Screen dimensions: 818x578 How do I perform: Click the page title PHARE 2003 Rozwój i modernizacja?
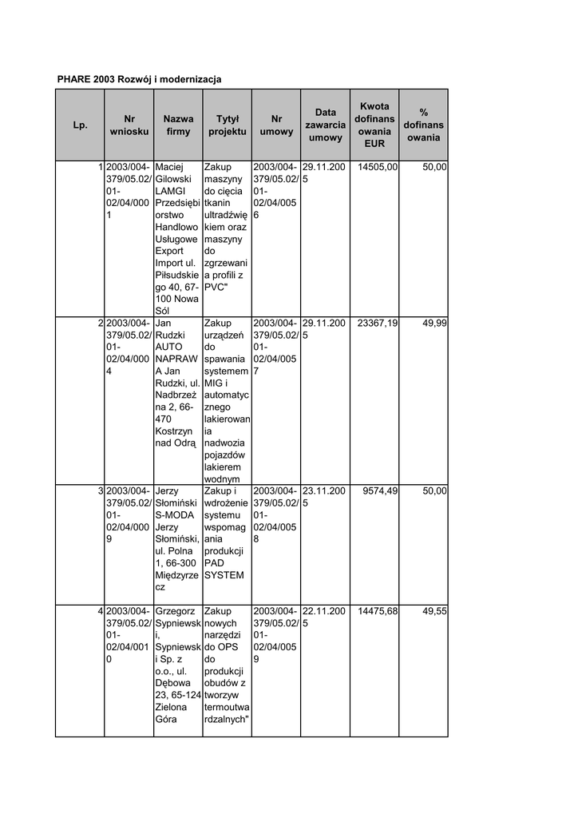click(x=139, y=79)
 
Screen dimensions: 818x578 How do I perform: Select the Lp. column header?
click(x=80, y=125)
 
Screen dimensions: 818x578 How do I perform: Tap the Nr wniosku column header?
click(x=129, y=125)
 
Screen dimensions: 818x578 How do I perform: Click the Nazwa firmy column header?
click(x=178, y=125)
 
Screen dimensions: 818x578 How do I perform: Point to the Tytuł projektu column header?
click(x=227, y=125)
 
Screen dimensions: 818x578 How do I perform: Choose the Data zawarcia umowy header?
click(x=325, y=125)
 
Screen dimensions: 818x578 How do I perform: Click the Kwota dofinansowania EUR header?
click(x=374, y=125)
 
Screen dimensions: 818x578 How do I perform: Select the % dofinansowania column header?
click(x=423, y=125)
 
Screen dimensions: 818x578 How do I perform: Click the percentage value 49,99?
click(x=434, y=324)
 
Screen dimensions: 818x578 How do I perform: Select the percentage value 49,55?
click(x=434, y=611)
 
